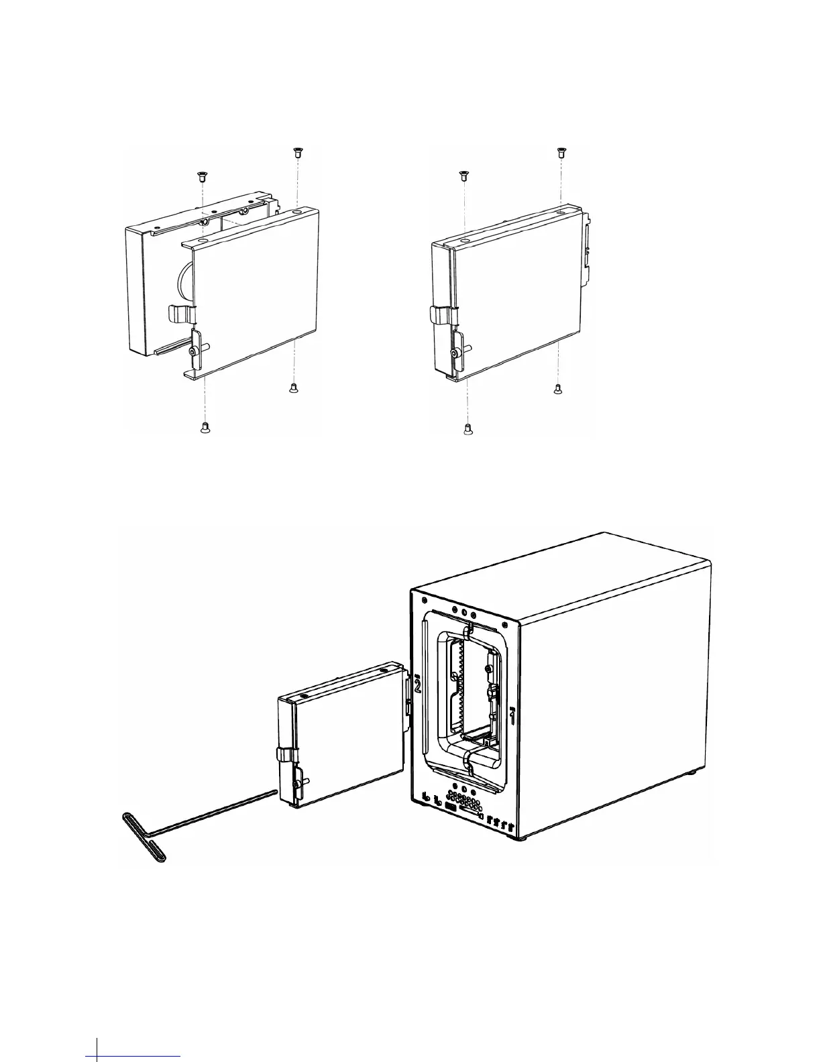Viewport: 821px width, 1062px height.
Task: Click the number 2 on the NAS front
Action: click(x=417, y=686)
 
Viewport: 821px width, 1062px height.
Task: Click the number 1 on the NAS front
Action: click(x=512, y=718)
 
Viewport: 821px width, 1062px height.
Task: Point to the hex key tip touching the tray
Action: click(x=274, y=792)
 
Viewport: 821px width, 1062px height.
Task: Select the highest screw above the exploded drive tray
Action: click(x=296, y=152)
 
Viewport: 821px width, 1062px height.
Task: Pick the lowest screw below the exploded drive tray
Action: click(x=206, y=428)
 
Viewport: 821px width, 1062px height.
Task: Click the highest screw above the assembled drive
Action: click(x=560, y=152)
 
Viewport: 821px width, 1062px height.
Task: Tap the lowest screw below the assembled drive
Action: click(x=469, y=428)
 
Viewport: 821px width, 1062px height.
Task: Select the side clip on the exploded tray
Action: click(x=180, y=312)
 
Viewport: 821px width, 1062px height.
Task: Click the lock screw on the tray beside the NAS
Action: click(x=296, y=783)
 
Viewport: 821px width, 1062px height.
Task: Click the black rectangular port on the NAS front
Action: click(x=451, y=809)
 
